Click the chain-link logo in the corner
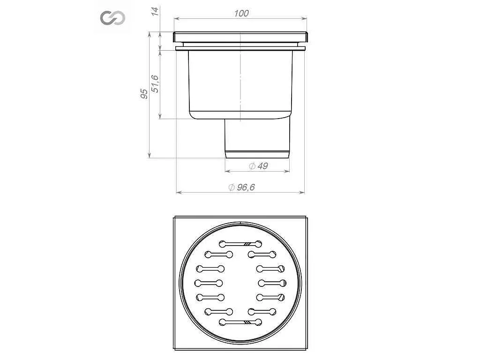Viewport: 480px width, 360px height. click(x=112, y=18)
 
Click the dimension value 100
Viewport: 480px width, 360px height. click(x=241, y=14)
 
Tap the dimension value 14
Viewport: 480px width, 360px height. click(x=156, y=11)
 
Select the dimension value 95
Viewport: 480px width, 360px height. click(x=144, y=94)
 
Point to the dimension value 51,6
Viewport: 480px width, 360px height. click(x=155, y=83)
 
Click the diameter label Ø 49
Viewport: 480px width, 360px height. click(x=258, y=166)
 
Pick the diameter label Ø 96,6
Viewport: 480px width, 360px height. click(x=241, y=187)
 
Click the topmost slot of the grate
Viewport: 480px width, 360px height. click(x=240, y=244)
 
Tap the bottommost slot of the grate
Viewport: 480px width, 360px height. click(x=240, y=322)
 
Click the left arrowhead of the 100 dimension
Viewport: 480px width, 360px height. click(x=177, y=19)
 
